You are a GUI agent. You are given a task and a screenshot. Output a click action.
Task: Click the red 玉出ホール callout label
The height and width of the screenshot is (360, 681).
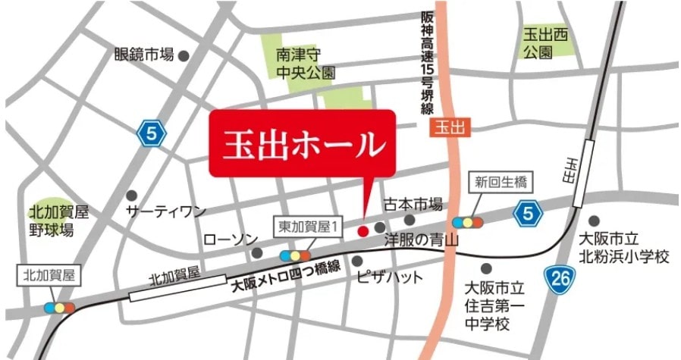tap(302, 144)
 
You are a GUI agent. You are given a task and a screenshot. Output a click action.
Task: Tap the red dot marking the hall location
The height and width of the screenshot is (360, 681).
tap(362, 230)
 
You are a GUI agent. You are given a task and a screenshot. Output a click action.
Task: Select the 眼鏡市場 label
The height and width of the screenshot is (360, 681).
tap(144, 55)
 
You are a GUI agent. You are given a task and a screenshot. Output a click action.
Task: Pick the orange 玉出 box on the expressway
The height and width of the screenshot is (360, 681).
tap(450, 128)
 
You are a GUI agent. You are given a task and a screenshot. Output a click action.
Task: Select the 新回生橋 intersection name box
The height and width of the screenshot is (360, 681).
tap(501, 182)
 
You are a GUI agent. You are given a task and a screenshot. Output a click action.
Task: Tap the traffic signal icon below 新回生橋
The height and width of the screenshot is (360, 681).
tap(467, 222)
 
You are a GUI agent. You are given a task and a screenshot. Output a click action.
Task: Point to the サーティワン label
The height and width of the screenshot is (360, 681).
tap(166, 211)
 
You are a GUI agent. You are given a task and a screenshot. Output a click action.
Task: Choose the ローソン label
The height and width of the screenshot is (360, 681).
tap(231, 239)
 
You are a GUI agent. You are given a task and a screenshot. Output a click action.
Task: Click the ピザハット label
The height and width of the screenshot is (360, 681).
tap(390, 277)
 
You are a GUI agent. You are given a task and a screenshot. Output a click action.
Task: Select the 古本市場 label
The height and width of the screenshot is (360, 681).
tap(413, 205)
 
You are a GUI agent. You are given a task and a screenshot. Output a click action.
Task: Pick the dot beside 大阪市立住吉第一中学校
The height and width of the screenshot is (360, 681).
tap(485, 268)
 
